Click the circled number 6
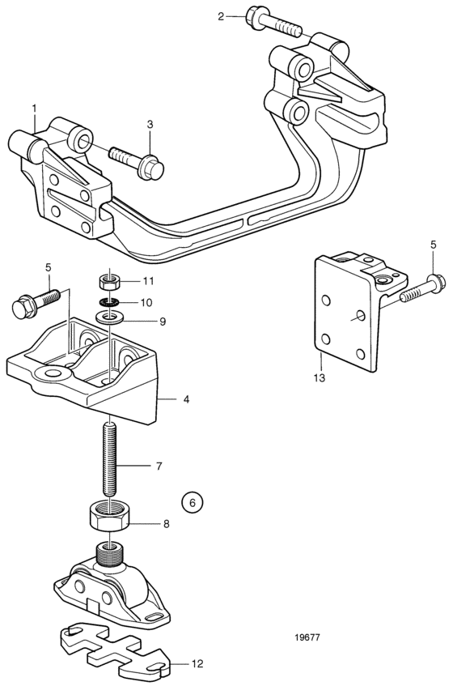[x=193, y=503]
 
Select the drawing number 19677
[x=307, y=637]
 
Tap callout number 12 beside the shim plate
[x=197, y=663]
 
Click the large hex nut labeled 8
[x=109, y=516]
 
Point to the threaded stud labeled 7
[x=109, y=458]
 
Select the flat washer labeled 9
[x=109, y=317]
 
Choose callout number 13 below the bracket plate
[x=320, y=377]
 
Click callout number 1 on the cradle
[x=34, y=107]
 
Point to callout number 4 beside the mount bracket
[x=186, y=399]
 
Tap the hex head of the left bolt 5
[x=23, y=307]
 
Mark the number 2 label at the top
[x=221, y=17]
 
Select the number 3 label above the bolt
[x=150, y=125]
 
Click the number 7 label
[x=159, y=467]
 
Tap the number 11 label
[x=149, y=280]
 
